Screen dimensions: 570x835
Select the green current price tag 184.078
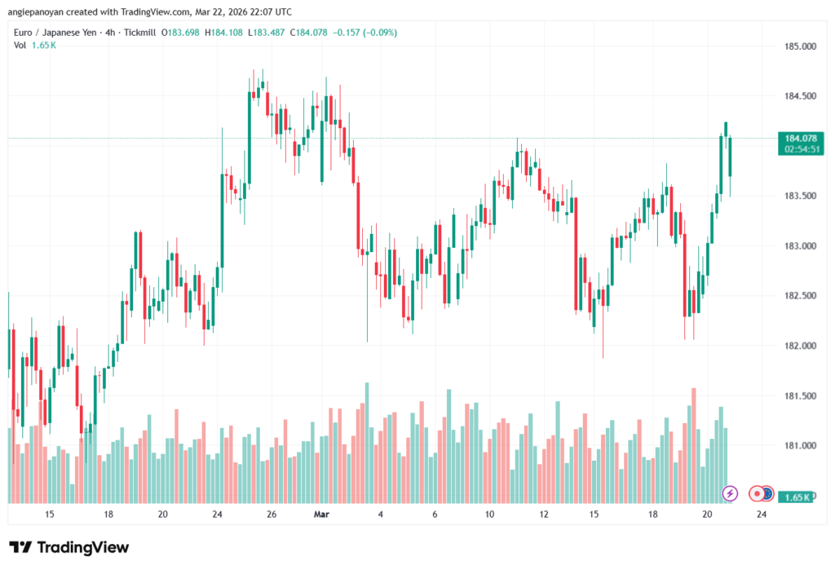pyautogui.click(x=795, y=138)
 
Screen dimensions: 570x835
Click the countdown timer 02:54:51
pyautogui.click(x=795, y=150)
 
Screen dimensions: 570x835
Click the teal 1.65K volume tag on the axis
pyautogui.click(x=795, y=497)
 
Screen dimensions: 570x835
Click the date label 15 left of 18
pyautogui.click(x=50, y=515)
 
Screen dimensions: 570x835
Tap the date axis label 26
pyautogui.click(x=272, y=515)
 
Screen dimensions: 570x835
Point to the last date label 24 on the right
pyautogui.click(x=761, y=515)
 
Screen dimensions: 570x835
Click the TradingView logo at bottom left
pyautogui.click(x=68, y=547)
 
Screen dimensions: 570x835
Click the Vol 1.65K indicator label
pyautogui.click(x=35, y=45)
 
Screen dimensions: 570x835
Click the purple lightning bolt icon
pyautogui.click(x=731, y=493)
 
